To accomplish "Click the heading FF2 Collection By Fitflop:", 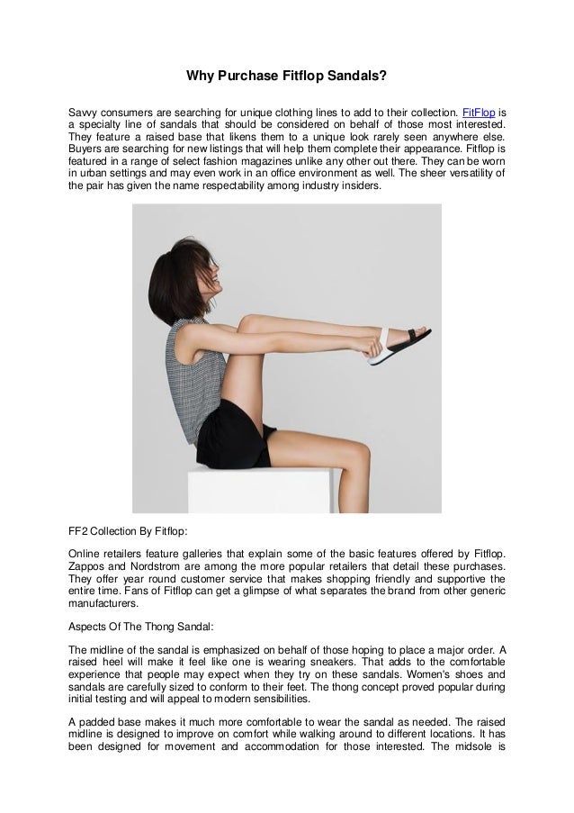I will (128, 532).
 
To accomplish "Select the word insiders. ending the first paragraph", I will (358, 185).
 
